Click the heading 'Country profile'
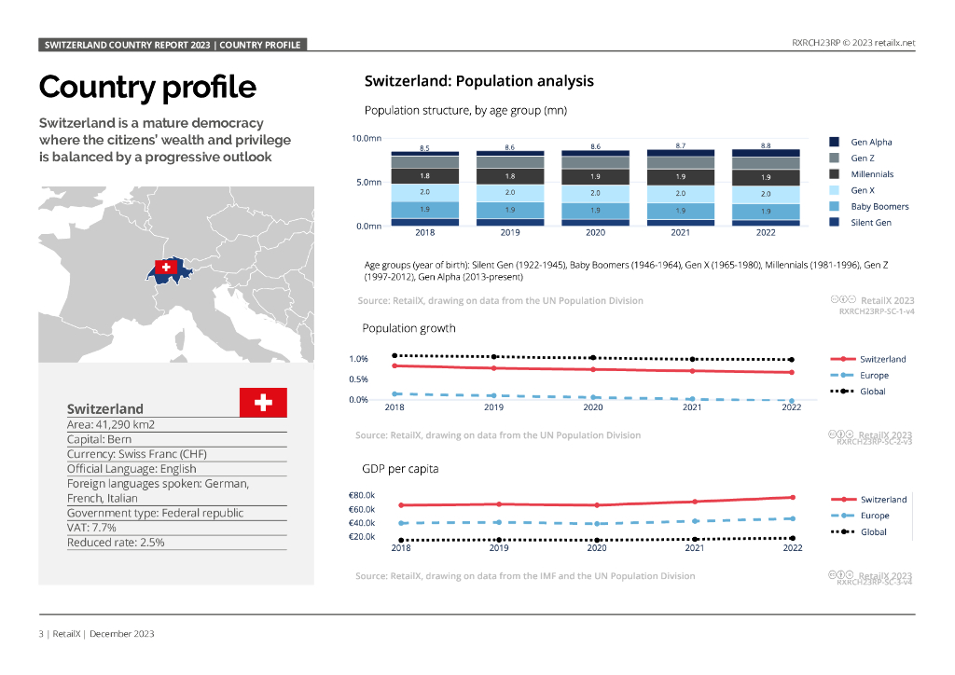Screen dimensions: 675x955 (147, 87)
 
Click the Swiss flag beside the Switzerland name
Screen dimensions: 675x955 (263, 403)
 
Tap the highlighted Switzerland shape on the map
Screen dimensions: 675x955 (169, 269)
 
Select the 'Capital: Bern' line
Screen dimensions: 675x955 (100, 439)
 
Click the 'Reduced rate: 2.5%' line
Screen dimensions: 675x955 (116, 542)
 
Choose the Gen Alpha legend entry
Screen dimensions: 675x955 (871, 142)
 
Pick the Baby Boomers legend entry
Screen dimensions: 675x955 (879, 206)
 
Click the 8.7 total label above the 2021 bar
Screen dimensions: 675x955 (680, 145)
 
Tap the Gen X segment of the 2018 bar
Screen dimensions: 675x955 (424, 191)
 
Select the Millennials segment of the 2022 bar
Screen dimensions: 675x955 (766, 176)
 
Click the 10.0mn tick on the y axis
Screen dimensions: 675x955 (367, 138)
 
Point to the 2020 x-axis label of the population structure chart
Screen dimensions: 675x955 (595, 234)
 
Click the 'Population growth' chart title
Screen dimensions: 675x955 (409, 328)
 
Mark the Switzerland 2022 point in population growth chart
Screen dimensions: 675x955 (791, 372)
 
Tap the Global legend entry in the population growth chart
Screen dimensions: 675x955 (872, 392)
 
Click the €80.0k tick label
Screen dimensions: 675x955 (362, 495)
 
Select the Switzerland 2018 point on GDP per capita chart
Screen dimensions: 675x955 (401, 505)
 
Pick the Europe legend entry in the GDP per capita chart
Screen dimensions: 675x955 (874, 516)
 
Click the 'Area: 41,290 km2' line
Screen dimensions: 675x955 (111, 424)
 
